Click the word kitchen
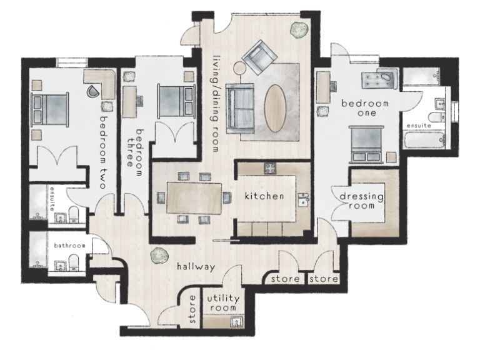(264, 196)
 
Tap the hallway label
(195, 267)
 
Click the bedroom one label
(365, 107)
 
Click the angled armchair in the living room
(261, 56)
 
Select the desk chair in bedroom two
(92, 90)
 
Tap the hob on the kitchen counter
(271, 167)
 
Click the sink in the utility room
(237, 322)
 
